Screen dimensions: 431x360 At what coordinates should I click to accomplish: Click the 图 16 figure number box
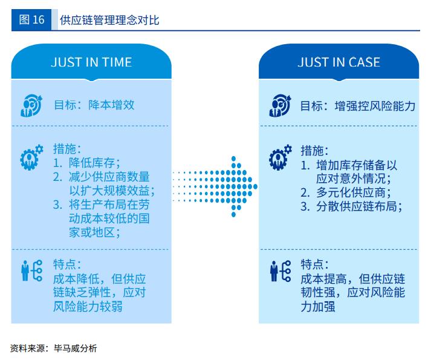31,19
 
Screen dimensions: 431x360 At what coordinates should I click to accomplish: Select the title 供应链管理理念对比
109,20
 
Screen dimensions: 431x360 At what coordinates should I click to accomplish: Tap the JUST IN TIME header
91,62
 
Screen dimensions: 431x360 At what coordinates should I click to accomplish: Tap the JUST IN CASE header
339,62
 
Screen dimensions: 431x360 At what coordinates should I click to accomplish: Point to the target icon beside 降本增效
31,105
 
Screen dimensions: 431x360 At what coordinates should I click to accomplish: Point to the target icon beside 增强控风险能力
280,105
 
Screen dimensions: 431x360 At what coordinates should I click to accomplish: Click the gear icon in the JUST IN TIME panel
31,157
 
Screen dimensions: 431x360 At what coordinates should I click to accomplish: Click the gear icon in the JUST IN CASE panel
280,157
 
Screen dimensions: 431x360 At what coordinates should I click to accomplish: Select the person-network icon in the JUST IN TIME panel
31,270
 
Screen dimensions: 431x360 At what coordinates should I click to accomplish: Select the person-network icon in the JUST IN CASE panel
280,271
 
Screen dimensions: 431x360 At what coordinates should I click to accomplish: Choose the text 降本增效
111,105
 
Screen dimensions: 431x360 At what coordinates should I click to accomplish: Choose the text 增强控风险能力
375,106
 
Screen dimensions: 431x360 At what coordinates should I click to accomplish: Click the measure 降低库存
92,163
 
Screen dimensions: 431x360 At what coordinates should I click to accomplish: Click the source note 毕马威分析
76,349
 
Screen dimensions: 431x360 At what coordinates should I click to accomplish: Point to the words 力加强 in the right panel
318,307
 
